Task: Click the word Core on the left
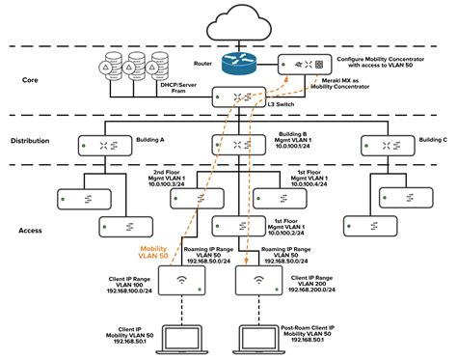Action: pyautogui.click(x=31, y=81)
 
